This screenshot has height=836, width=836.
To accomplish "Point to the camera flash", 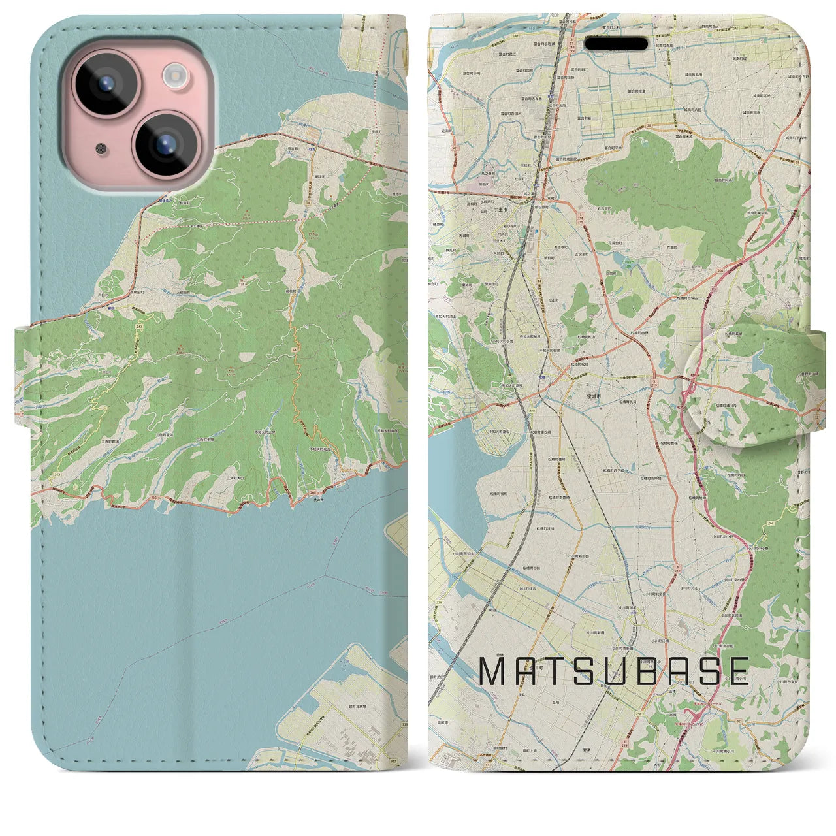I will (x=175, y=75).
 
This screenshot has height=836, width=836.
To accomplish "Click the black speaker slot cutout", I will (x=617, y=44).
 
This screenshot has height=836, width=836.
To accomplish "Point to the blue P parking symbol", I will (x=536, y=231).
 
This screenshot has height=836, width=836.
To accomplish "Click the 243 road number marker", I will (x=139, y=325).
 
